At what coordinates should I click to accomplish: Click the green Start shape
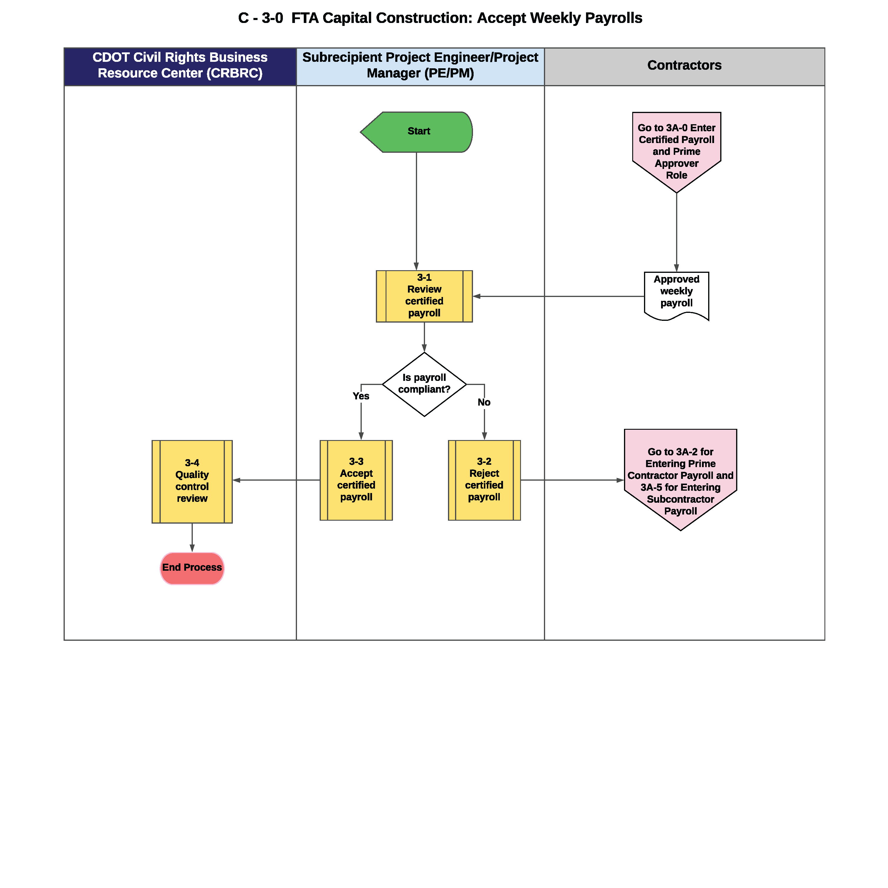(x=416, y=132)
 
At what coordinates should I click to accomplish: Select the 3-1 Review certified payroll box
(x=424, y=296)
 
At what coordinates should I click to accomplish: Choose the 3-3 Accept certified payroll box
(x=356, y=480)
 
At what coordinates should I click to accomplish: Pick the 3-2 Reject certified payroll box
(x=484, y=480)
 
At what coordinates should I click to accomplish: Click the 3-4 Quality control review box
(x=192, y=482)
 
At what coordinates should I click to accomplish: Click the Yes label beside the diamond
(x=361, y=396)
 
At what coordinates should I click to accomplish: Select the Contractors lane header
(x=684, y=67)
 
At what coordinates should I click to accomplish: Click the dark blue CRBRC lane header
(x=180, y=67)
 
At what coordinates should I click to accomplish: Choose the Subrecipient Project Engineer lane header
(x=421, y=67)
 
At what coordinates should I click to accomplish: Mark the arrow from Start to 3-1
(x=416, y=211)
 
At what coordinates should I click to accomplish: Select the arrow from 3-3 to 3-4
(x=276, y=480)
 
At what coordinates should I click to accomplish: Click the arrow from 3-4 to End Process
(x=192, y=538)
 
